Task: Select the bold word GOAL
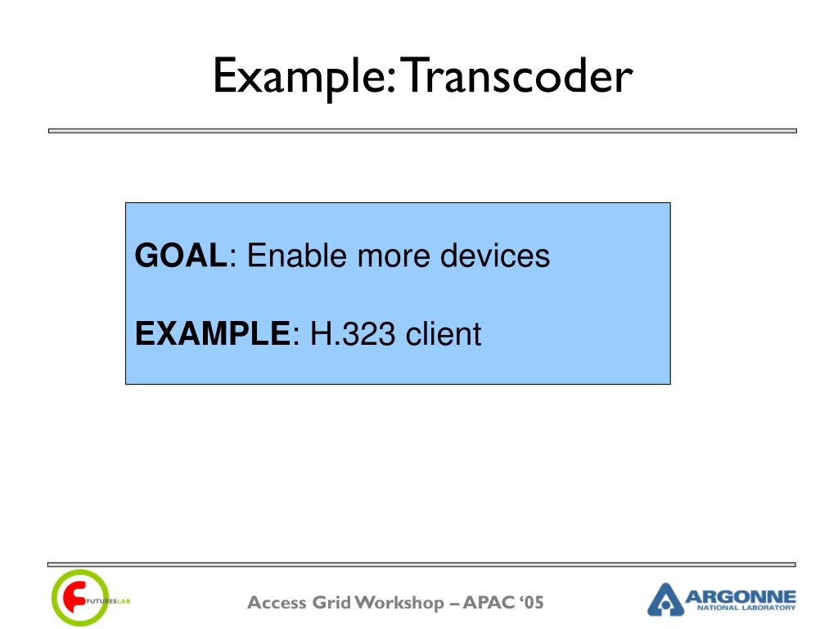181,256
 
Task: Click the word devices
495,256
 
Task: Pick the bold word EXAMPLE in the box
212,334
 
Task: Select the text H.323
353,334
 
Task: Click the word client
443,334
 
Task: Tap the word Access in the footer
277,603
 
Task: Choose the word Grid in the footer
332,603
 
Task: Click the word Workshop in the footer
399,604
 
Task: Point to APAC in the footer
488,603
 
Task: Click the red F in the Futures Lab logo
74,597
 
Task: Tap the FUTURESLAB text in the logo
108,601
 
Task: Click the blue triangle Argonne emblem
665,600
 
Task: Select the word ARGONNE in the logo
740,596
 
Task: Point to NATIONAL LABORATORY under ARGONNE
746,608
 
